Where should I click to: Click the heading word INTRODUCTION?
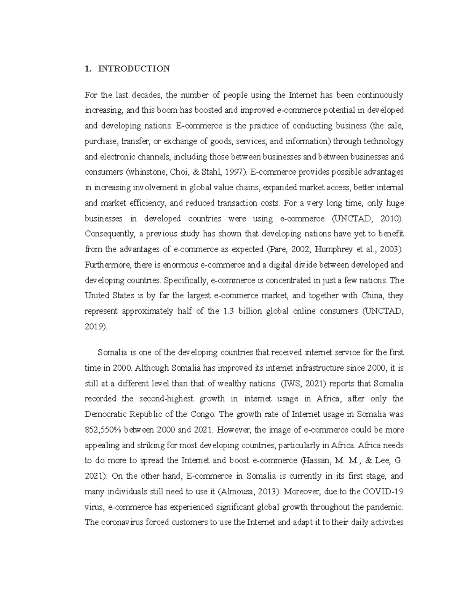tap(134, 69)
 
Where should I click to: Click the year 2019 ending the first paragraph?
tap(94, 327)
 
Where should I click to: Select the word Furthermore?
tap(105, 265)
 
